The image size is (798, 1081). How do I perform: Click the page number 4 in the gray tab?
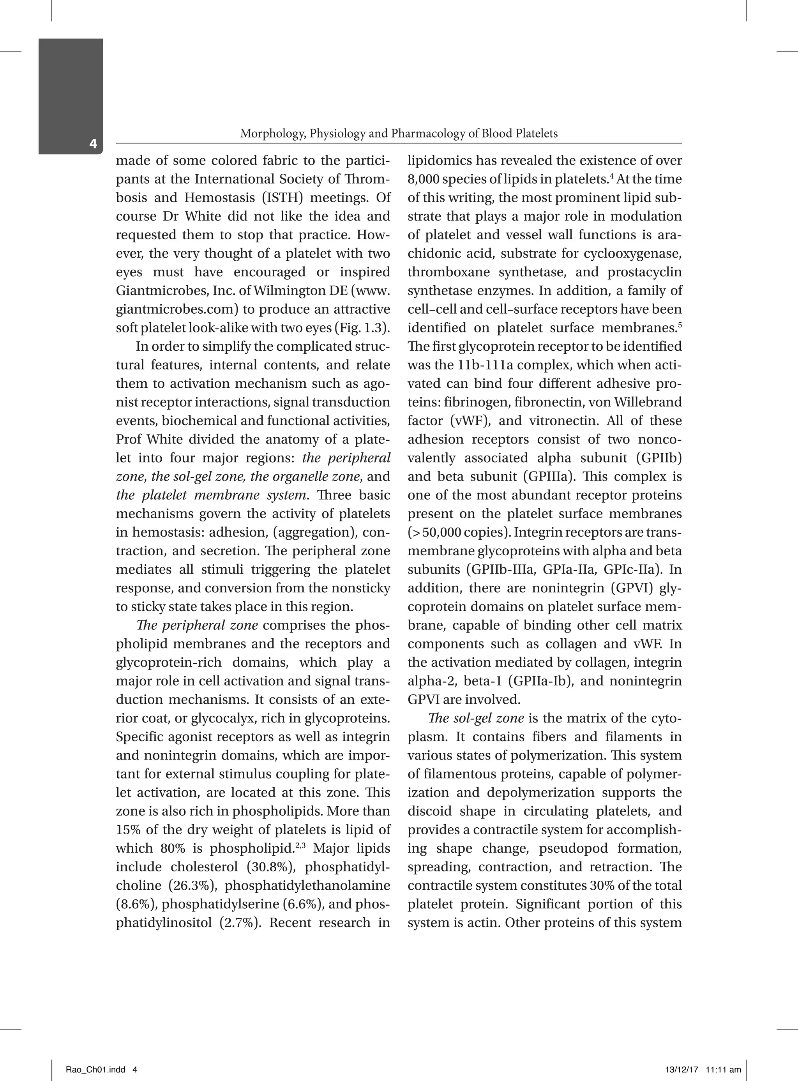[x=93, y=143]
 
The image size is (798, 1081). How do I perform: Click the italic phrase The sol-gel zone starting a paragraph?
[x=476, y=718]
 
